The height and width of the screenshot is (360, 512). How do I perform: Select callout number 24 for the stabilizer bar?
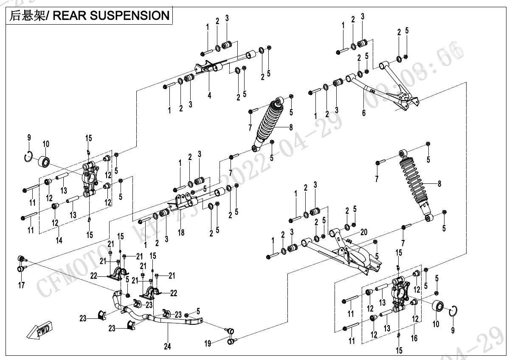pyautogui.click(x=167, y=347)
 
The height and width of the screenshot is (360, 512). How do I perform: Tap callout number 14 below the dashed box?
pyautogui.click(x=59, y=240)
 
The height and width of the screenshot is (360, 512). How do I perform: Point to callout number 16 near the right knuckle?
pyautogui.click(x=414, y=338)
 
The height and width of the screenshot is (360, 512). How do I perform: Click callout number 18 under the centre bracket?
pyautogui.click(x=181, y=233)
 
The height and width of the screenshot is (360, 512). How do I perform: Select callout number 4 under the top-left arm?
pyautogui.click(x=209, y=96)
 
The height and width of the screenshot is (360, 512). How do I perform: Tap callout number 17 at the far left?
pyautogui.click(x=22, y=285)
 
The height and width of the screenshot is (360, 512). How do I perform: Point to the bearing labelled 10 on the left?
pyautogui.click(x=45, y=161)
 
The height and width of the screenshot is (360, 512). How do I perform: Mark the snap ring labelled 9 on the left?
pyautogui.click(x=28, y=157)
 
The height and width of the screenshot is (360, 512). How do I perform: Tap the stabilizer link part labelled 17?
pyautogui.click(x=22, y=263)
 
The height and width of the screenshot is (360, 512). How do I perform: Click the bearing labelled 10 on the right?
pyautogui.click(x=438, y=307)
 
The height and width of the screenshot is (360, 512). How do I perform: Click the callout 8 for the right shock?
pyautogui.click(x=439, y=184)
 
